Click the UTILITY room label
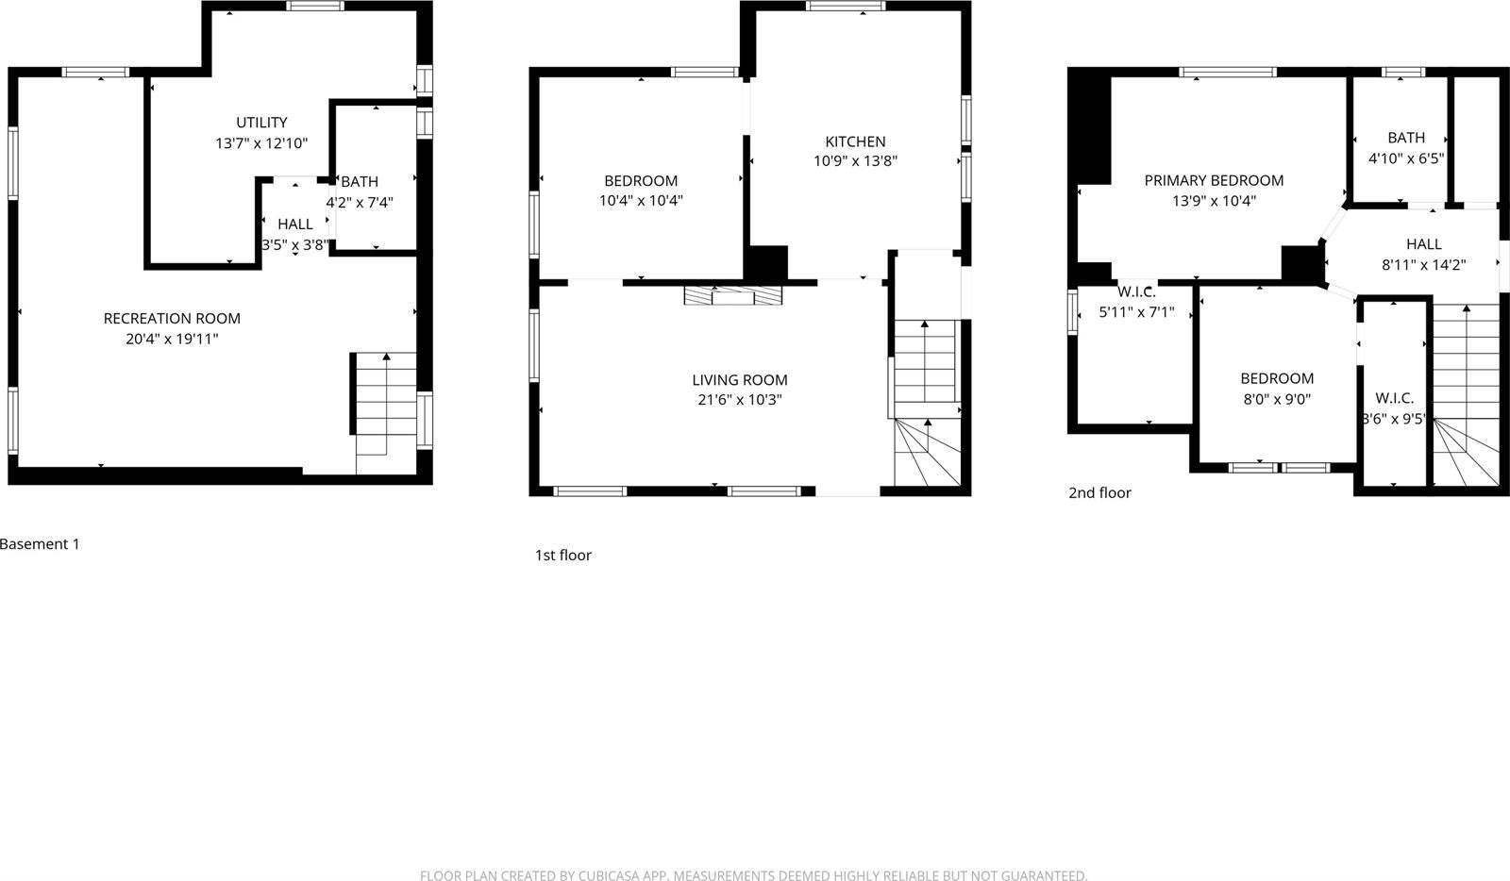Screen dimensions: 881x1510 (261, 123)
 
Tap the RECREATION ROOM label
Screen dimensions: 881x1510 (172, 319)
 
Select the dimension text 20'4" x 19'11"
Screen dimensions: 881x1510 (172, 339)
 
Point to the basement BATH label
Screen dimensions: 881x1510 (360, 182)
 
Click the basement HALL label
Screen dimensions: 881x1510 (295, 224)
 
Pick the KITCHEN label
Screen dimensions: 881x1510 (855, 141)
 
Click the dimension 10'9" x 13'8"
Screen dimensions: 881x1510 (855, 161)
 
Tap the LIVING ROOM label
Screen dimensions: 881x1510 (740, 380)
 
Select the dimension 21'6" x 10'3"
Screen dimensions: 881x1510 (740, 400)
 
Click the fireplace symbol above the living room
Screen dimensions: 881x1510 (733, 296)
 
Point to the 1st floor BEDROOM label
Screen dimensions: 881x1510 (641, 181)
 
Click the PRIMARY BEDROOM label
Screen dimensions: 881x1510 (1214, 180)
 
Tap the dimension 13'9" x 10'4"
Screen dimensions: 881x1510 (1214, 201)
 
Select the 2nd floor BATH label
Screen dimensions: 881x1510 (1406, 138)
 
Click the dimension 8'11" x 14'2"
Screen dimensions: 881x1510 (1423, 265)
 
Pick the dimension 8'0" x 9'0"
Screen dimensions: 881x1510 (1277, 399)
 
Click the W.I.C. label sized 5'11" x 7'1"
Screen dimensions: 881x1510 (1136, 292)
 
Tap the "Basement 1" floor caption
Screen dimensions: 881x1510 (40, 544)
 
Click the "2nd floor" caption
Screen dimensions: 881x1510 (1099, 492)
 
